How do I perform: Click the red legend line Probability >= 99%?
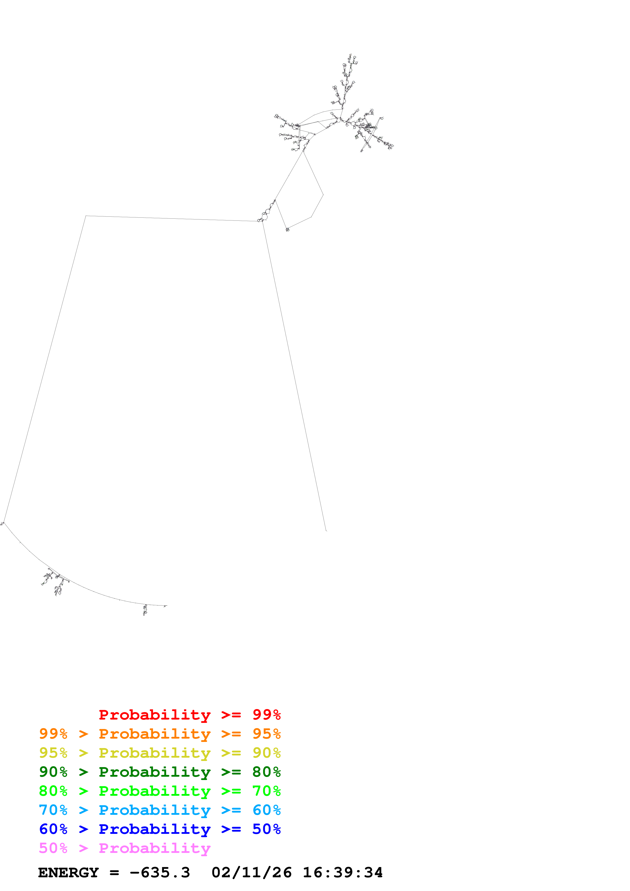coord(189,715)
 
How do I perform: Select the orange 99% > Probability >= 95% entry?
coord(160,734)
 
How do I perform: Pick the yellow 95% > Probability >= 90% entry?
coord(160,753)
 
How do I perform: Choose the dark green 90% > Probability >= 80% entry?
coord(160,772)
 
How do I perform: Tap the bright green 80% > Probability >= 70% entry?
coord(160,791)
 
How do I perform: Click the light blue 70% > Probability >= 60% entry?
coord(160,810)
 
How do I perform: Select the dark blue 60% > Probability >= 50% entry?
coord(160,829)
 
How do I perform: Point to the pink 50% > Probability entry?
coord(125,848)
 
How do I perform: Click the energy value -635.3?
coord(160,873)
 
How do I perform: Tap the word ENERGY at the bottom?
coord(68,873)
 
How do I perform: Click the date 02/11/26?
coord(252,873)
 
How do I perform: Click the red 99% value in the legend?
coord(266,715)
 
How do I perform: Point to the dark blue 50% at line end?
coord(266,829)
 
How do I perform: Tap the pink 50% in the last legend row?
coord(53,848)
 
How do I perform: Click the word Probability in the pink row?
coord(155,848)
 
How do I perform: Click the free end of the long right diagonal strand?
coord(326,530)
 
